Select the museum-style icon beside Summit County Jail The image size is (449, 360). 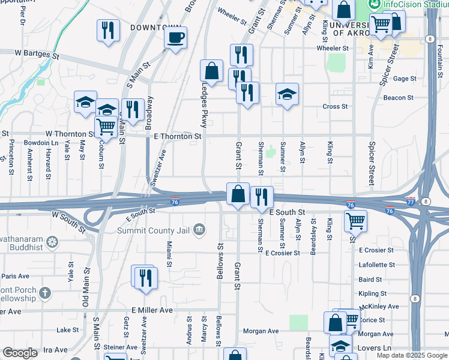(x=200, y=229)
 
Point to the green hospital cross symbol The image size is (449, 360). (x=271, y=151)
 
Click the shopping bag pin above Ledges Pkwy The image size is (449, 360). (x=211, y=71)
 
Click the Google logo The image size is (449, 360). (x=20, y=353)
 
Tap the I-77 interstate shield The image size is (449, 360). (x=411, y=200)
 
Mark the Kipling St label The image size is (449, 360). (x=372, y=293)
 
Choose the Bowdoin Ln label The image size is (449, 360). (x=41, y=143)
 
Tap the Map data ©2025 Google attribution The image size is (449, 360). (x=411, y=355)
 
